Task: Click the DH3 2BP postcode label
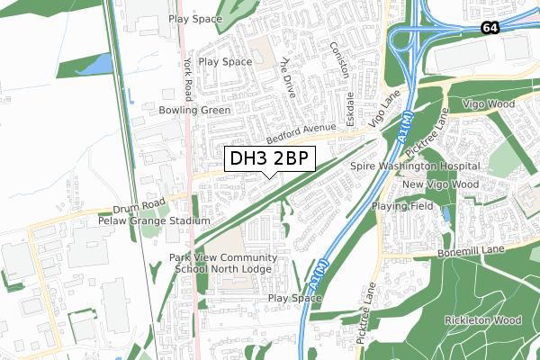coord(270,160)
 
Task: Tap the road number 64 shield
coord(489,28)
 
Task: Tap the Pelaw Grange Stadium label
coord(154,220)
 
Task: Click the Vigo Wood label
coord(488,104)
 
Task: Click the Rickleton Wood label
coord(482,319)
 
